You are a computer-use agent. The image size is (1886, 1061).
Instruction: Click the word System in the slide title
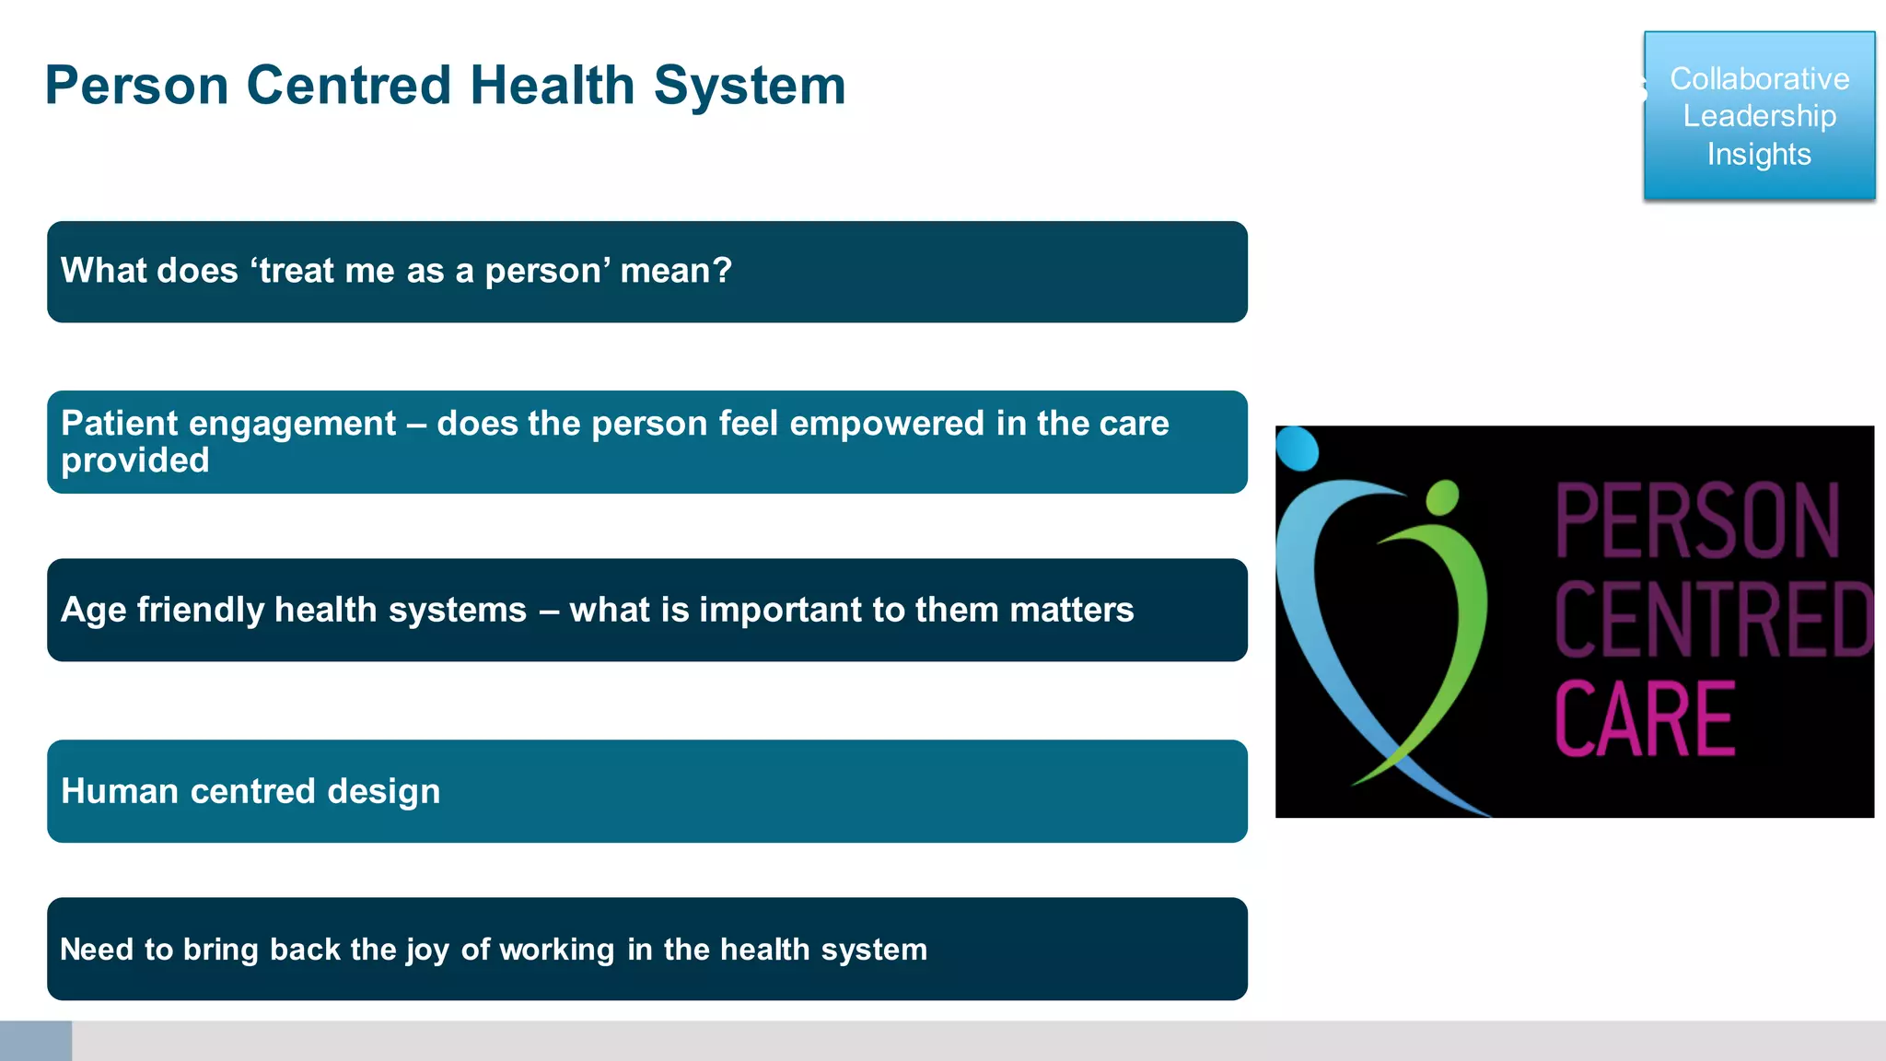point(750,86)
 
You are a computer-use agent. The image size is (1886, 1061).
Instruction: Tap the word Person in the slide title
point(136,86)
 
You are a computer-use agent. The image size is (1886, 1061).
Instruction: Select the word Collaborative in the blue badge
point(1759,79)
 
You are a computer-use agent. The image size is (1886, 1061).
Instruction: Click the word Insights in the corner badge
point(1759,154)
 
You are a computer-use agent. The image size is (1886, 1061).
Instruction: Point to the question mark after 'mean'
point(723,271)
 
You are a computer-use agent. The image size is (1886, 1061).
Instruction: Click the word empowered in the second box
point(887,424)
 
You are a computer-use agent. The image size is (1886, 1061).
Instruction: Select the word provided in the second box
point(135,461)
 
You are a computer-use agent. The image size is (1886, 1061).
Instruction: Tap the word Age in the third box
point(93,611)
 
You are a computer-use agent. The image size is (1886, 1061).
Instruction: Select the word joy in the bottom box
point(427,950)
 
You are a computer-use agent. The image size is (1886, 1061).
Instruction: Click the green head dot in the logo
point(1442,497)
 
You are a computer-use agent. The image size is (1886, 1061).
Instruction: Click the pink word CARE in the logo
point(1645,719)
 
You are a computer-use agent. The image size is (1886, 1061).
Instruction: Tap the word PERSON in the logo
point(1697,521)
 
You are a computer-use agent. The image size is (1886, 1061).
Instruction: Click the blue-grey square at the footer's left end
point(36,1041)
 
